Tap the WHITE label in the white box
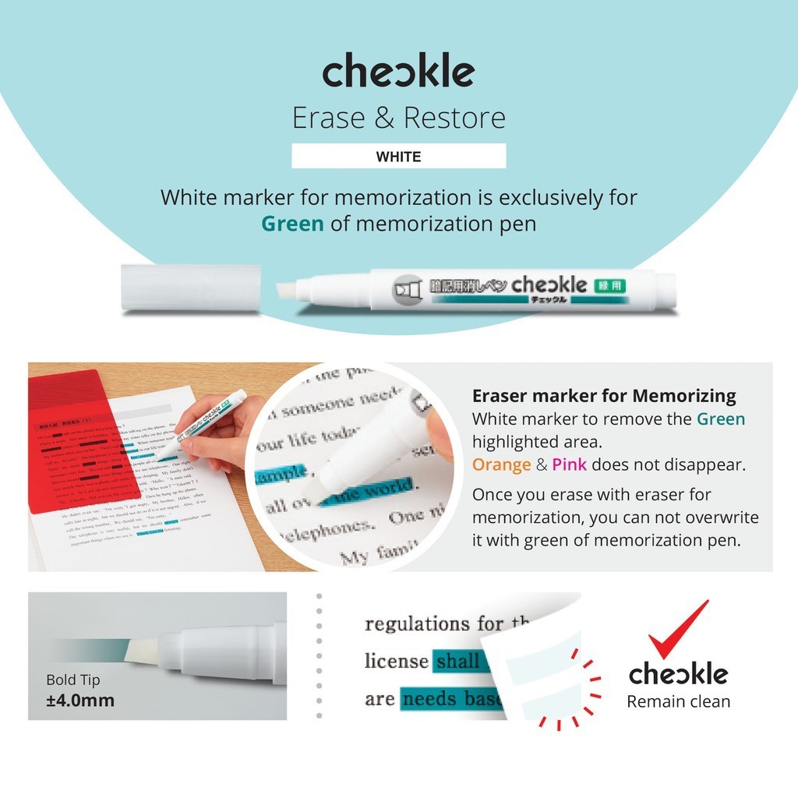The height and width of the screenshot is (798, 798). point(398,157)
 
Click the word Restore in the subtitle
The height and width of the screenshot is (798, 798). point(454,118)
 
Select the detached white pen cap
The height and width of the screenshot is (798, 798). point(191,288)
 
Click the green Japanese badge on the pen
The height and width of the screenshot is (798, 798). point(609,285)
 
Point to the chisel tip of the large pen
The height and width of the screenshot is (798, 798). point(290,290)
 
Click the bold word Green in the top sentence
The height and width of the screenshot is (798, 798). point(292,224)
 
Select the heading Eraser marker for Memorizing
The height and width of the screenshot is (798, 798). point(604,396)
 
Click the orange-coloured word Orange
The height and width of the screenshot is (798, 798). point(500,465)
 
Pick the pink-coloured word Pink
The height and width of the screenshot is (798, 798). point(570,465)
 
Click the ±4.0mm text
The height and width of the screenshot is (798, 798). point(80,700)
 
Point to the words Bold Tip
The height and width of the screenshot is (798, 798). point(72,680)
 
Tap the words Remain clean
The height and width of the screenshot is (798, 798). point(679,701)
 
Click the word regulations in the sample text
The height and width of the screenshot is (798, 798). point(417,624)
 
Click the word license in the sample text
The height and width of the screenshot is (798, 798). point(397,662)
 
